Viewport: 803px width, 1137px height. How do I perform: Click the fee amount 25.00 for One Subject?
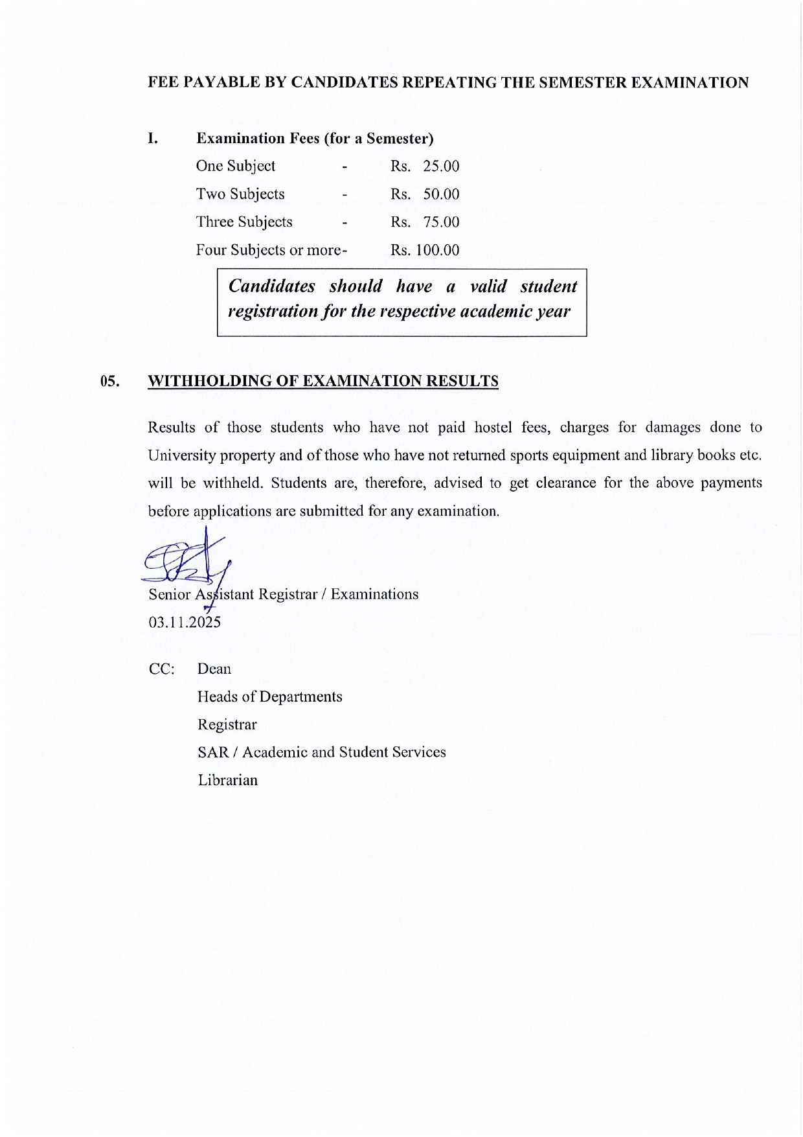(x=441, y=167)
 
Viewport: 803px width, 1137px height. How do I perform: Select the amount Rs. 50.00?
(x=425, y=194)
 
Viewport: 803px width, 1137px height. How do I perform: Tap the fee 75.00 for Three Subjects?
(x=441, y=222)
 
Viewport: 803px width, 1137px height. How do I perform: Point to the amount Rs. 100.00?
(x=425, y=250)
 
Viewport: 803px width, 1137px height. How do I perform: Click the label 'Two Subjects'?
(x=240, y=194)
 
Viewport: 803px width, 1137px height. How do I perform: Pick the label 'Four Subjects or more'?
(x=269, y=250)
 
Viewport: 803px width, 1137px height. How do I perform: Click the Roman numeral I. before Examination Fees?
(x=153, y=138)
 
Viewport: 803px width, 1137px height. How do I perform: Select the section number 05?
(x=110, y=381)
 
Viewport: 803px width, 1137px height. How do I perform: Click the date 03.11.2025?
(x=185, y=623)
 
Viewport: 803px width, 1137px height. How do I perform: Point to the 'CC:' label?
(x=161, y=669)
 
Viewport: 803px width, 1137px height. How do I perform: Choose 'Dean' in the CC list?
(x=214, y=669)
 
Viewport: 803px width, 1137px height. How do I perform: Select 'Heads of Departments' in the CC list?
(x=270, y=696)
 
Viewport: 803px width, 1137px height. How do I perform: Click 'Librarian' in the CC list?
(x=228, y=780)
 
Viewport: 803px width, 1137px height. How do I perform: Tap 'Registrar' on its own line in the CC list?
(x=227, y=724)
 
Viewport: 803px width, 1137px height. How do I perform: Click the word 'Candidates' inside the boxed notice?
(x=272, y=286)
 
